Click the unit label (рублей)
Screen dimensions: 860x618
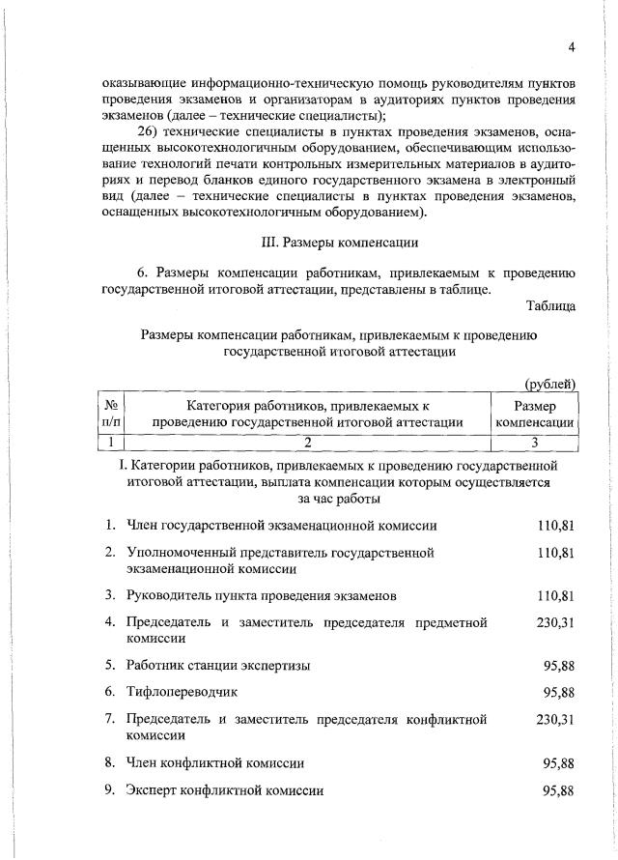click(x=550, y=386)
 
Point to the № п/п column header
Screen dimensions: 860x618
click(x=112, y=413)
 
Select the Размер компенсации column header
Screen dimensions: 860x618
click(x=535, y=413)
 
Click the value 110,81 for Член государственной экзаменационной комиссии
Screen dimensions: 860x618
click(x=555, y=526)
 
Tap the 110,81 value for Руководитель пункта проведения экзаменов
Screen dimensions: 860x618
click(x=555, y=595)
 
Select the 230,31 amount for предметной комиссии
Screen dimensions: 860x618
click(x=555, y=622)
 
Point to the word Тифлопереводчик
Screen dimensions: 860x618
click(x=182, y=692)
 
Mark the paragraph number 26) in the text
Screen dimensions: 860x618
click(x=149, y=132)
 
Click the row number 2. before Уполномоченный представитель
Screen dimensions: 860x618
click(x=111, y=552)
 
